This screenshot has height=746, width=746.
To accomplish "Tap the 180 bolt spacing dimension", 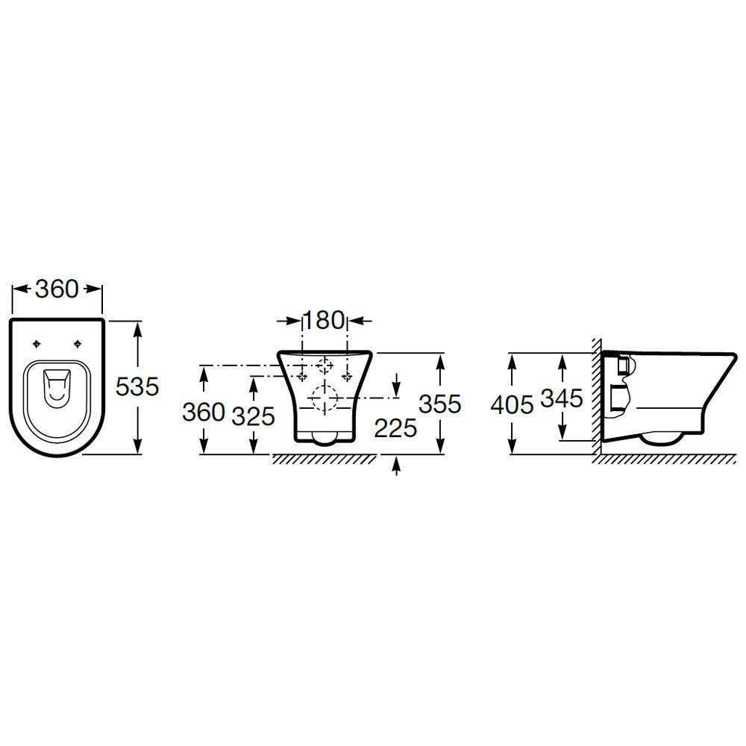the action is (x=323, y=320).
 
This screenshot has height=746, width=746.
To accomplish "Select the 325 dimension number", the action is (x=253, y=416).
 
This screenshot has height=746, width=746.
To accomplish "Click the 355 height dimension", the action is (x=440, y=404).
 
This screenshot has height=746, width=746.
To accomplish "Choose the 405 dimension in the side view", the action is (x=512, y=405).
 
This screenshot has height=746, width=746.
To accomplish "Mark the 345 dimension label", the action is (x=562, y=398).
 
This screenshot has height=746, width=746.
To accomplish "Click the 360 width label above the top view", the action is (x=57, y=289).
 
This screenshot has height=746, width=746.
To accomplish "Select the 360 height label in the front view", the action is (x=204, y=412).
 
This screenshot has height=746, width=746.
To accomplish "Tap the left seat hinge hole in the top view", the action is (x=37, y=344).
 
